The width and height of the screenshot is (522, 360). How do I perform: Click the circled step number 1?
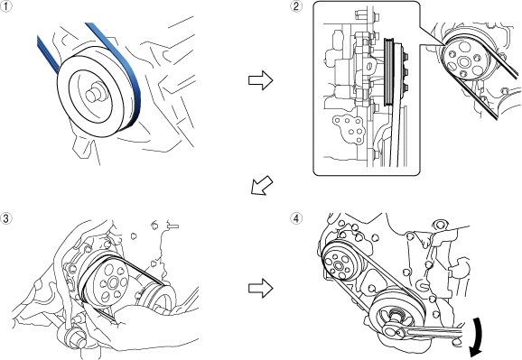pos(5,6)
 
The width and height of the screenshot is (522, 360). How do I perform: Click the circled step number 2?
pos(296,6)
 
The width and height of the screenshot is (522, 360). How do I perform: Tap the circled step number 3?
pos(5,218)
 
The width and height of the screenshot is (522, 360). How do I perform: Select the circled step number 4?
pos(296,218)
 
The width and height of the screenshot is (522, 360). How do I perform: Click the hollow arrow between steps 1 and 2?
pos(261,80)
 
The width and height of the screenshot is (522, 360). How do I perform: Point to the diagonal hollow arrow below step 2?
pos(261,186)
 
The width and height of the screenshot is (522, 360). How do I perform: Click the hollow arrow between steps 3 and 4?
pos(261,288)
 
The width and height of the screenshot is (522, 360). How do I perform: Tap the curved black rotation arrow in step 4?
pos(477,337)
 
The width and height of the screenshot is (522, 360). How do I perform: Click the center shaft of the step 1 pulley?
pos(94,94)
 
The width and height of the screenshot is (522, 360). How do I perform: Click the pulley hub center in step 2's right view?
pos(463,61)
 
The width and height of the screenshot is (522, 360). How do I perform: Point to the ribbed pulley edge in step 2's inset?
pos(388,72)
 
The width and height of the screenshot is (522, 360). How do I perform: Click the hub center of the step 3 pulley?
pos(111,283)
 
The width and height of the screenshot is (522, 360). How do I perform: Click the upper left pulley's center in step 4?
pos(339,265)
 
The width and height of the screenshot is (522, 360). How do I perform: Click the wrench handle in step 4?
pos(433,332)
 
